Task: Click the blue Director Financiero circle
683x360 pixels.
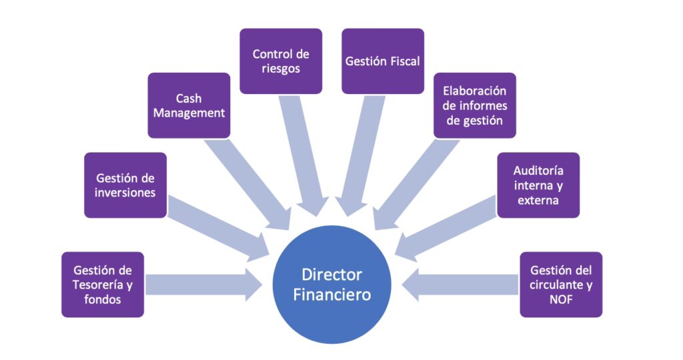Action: pyautogui.click(x=331, y=284)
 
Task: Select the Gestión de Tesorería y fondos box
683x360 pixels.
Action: pyautogui.click(x=102, y=285)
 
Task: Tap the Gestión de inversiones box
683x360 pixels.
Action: pyautogui.click(x=125, y=185)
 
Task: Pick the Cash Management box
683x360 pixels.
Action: pyautogui.click(x=189, y=105)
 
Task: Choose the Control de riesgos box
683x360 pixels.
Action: pyautogui.click(x=281, y=61)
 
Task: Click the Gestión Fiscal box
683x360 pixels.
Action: pyautogui.click(x=382, y=61)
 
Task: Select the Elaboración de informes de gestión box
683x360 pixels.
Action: pyautogui.click(x=474, y=105)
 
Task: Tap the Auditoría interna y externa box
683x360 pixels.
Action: pyautogui.click(x=538, y=185)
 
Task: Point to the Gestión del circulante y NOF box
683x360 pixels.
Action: pyautogui.click(x=561, y=285)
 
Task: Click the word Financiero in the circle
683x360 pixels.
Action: pyautogui.click(x=331, y=294)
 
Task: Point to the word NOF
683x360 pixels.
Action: pyautogui.click(x=561, y=299)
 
